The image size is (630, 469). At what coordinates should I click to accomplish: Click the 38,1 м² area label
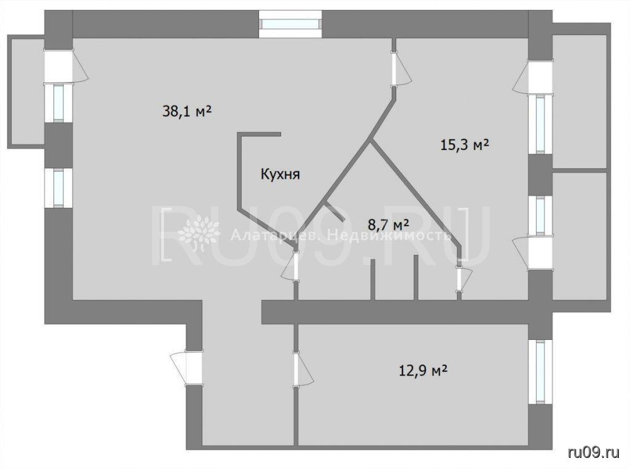click(x=187, y=111)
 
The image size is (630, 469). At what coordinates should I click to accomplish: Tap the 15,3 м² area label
click(x=465, y=144)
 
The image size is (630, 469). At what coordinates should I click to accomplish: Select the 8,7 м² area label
click(x=389, y=224)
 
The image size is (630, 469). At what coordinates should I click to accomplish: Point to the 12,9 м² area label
click(x=423, y=370)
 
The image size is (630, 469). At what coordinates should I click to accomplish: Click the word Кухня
click(x=281, y=175)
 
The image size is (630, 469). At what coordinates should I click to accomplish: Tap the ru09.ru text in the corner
click(x=594, y=453)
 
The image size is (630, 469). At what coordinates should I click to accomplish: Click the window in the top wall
click(x=290, y=24)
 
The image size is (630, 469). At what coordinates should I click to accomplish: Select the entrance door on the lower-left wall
click(x=186, y=368)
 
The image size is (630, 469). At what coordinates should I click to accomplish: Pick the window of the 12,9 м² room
click(x=540, y=372)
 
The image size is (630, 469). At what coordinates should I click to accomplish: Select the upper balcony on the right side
click(x=580, y=97)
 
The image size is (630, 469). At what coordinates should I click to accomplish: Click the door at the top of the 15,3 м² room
click(x=399, y=68)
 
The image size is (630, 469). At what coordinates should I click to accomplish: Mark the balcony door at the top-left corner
click(x=63, y=66)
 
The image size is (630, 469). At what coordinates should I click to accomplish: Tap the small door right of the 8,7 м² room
click(x=463, y=278)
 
